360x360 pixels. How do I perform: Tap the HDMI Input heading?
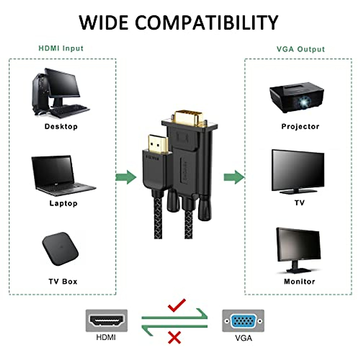point(61,48)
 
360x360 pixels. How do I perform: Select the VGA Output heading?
point(301,49)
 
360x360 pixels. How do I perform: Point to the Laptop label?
point(63,203)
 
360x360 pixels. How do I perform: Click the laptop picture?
point(61,175)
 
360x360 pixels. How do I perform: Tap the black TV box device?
point(60,249)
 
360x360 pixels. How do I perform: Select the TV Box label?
point(63,281)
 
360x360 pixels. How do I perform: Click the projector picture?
point(297,97)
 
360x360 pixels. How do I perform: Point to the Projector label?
point(300,127)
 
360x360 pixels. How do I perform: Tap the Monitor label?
point(299,281)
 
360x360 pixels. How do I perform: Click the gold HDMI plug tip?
point(156,144)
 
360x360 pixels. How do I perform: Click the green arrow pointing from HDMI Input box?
point(126,177)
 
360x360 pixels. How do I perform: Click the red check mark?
point(177,306)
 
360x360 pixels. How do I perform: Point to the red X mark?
point(174,337)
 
